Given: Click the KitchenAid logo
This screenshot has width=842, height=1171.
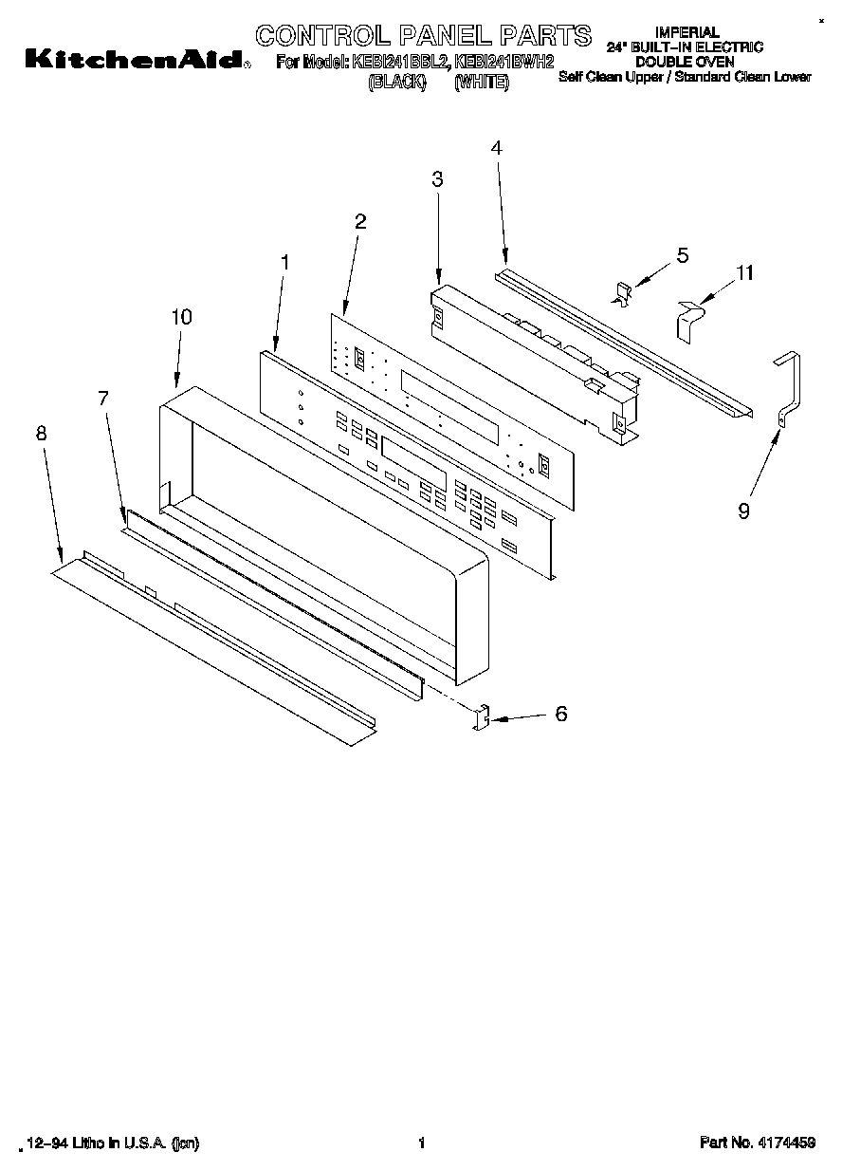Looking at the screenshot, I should (x=134, y=60).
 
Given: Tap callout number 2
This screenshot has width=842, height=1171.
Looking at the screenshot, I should (x=360, y=222).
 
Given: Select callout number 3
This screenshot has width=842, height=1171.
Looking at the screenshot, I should (x=437, y=178).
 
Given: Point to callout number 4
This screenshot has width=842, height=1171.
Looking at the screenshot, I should (x=496, y=147).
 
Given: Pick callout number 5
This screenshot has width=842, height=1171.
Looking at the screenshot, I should (x=682, y=255).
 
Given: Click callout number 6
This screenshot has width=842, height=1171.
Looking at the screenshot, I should (x=561, y=714).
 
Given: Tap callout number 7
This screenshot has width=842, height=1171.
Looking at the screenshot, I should (x=104, y=399).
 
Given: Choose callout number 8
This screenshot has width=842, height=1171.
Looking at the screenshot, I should (x=41, y=433).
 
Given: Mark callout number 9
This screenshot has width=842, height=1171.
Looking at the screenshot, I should (x=743, y=511).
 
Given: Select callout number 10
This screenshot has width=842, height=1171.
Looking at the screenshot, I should (x=181, y=317).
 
